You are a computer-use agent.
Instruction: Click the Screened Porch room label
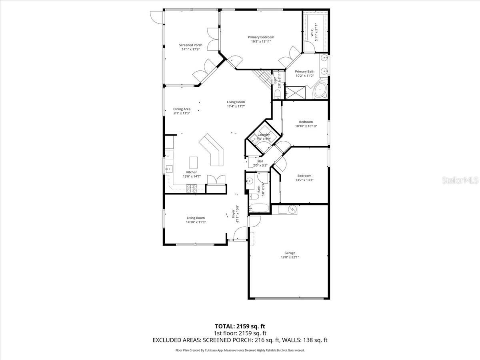coord(190,45)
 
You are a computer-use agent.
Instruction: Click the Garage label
coord(290,253)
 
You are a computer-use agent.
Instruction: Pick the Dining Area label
coord(182,109)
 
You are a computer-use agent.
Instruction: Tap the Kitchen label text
coord(192,172)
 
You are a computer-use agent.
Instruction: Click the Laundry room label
coord(264,135)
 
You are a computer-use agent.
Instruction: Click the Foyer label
coord(233,214)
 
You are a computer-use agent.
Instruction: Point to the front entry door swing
coord(240,234)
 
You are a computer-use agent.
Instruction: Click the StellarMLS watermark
coord(460,180)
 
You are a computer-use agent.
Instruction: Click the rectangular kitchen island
coord(193,162)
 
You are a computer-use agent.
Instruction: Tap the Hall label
coord(260,161)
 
